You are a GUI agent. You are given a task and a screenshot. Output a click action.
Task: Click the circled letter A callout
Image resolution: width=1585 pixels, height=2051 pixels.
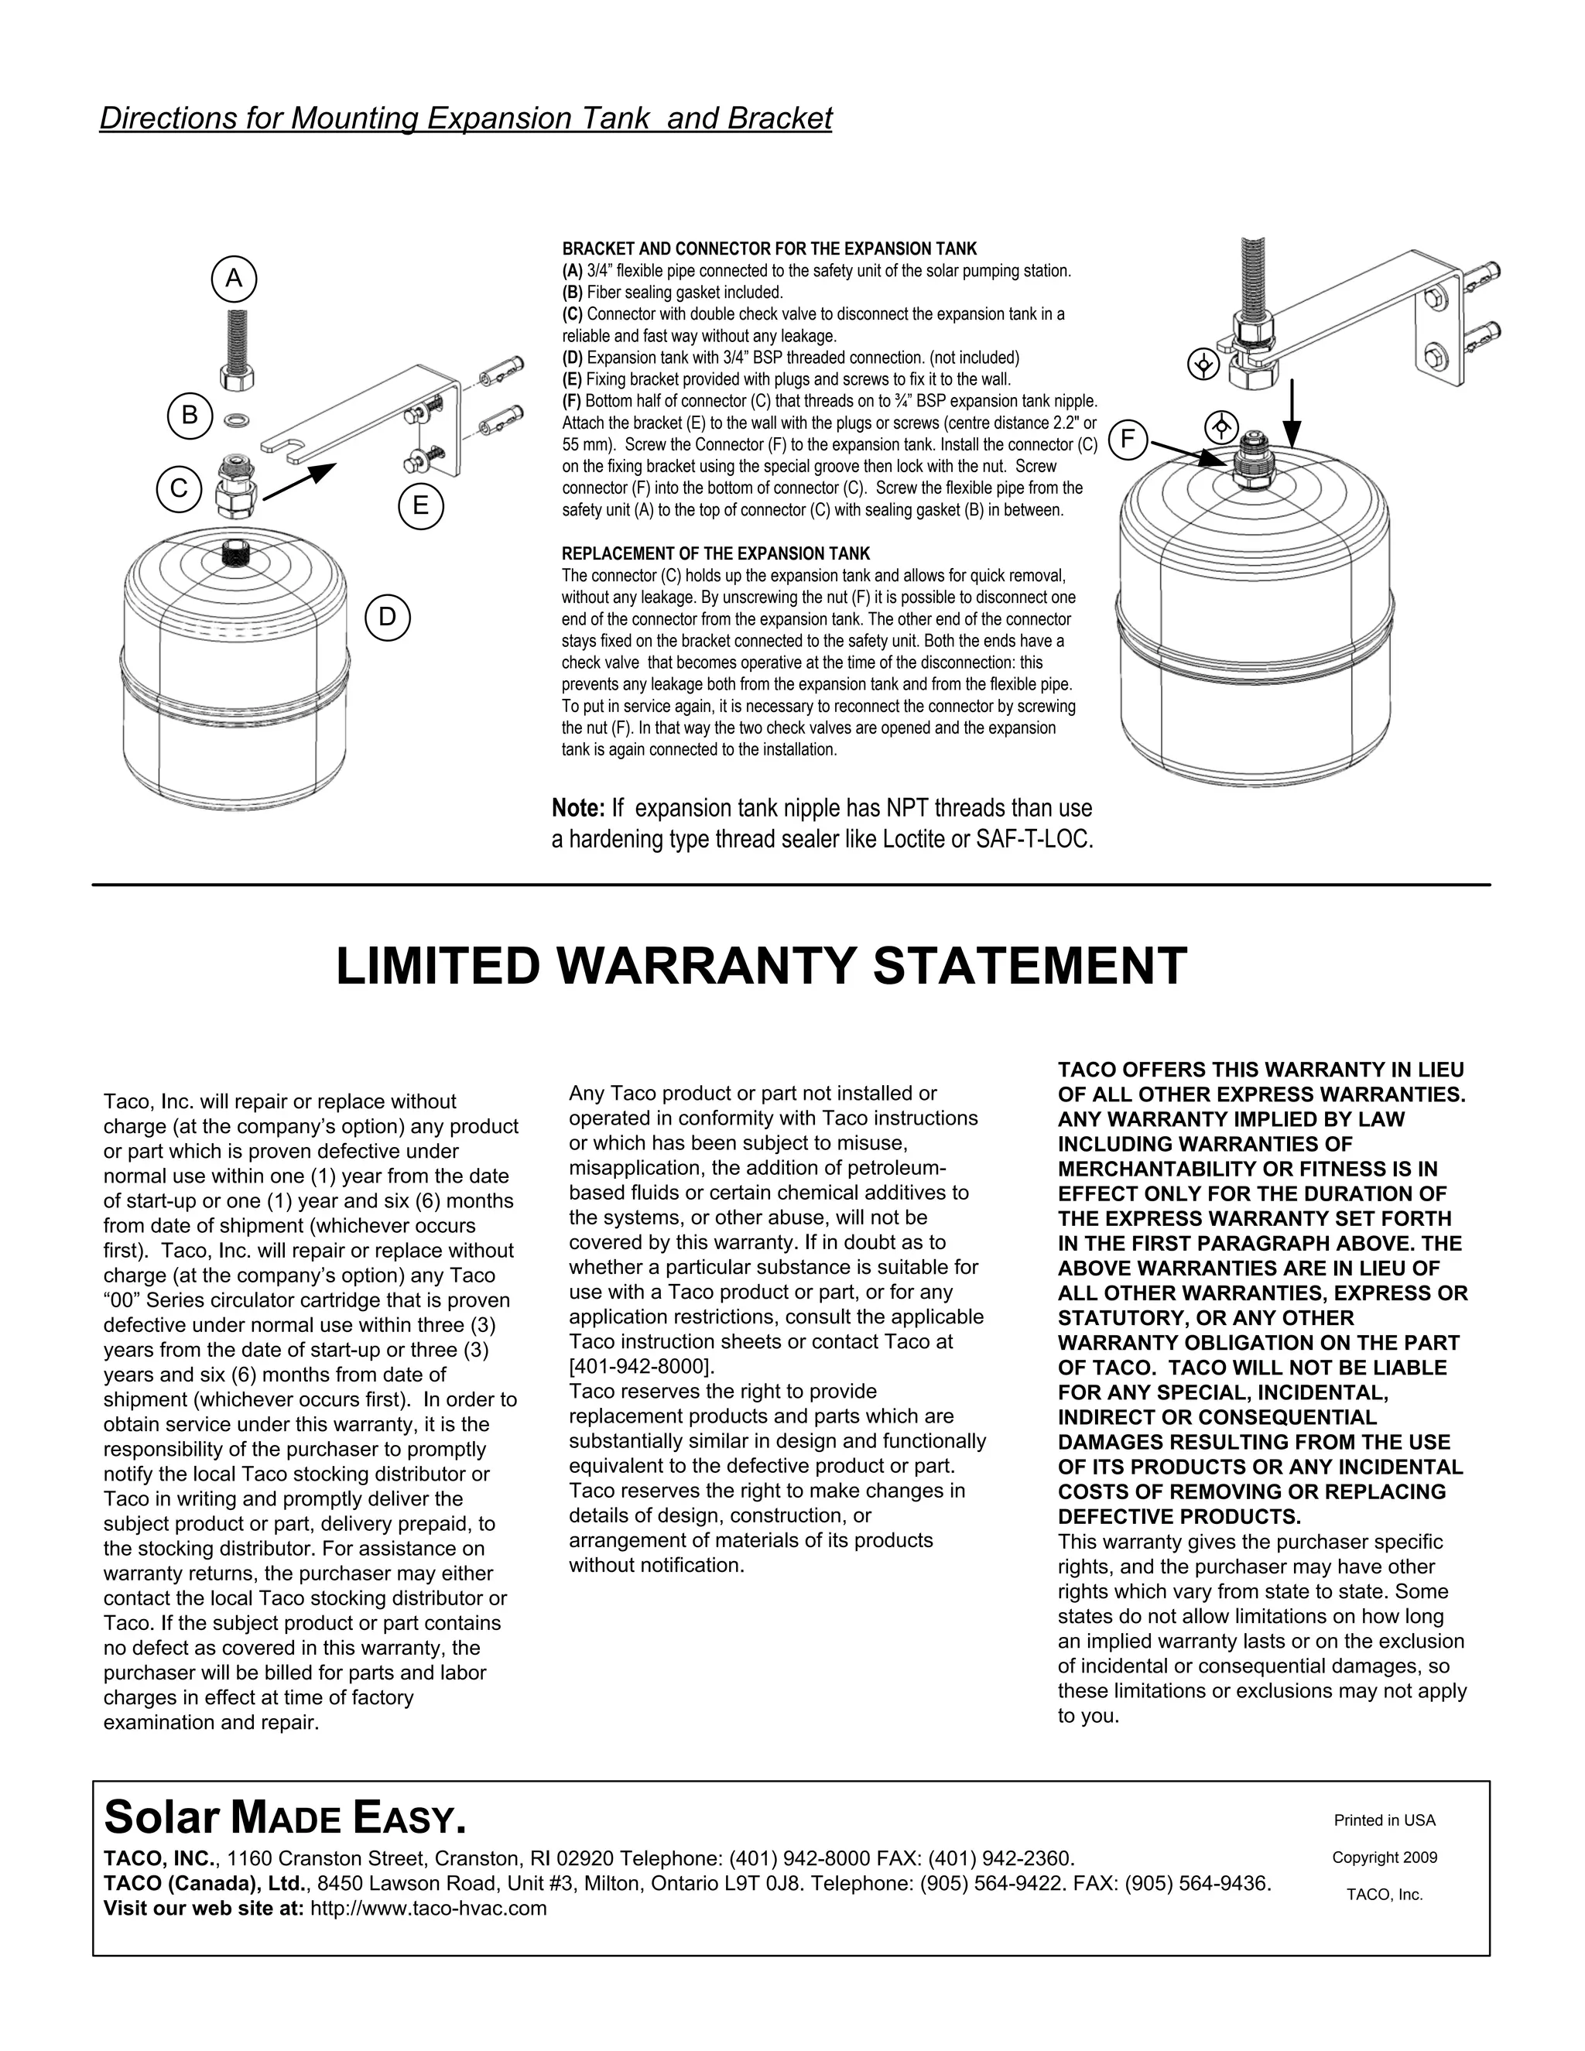pyautogui.click(x=234, y=279)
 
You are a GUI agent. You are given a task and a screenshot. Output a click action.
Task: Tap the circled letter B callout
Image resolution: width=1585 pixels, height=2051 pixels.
pyautogui.click(x=190, y=415)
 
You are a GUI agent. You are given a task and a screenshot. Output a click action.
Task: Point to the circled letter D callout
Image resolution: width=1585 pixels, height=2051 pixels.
pyautogui.click(x=388, y=617)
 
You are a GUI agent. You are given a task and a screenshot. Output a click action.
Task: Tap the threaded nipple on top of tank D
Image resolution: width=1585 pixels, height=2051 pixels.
pyautogui.click(x=237, y=552)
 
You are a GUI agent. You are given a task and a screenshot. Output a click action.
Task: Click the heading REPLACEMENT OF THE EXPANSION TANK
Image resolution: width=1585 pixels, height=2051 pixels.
pyautogui.click(x=716, y=554)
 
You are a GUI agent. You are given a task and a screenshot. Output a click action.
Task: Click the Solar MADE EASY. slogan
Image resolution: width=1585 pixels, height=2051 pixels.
pyautogui.click(x=285, y=1818)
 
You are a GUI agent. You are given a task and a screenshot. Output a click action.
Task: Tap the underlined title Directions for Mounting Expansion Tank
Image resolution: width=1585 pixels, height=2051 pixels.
pyautogui.click(x=466, y=118)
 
